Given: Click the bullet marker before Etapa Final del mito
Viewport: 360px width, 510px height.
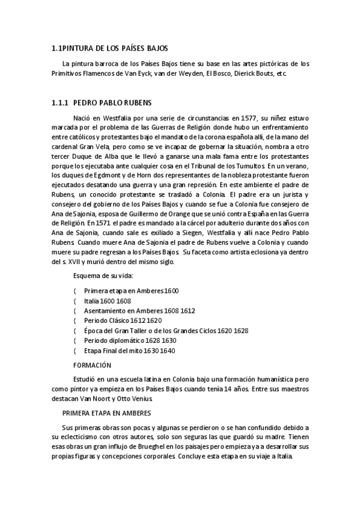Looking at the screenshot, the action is tap(74, 351).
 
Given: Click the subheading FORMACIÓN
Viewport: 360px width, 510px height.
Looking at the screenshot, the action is tap(93, 365).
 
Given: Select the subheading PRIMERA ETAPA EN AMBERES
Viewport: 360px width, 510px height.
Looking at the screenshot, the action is tap(106, 413).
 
